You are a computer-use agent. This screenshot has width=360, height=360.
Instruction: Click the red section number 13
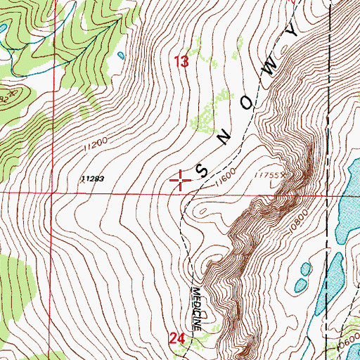[x=181, y=63]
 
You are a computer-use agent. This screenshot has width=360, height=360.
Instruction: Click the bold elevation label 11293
[x=92, y=179]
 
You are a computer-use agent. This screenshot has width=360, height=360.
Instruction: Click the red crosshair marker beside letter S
[x=181, y=181]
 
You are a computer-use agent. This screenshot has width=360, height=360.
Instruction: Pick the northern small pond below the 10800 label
[x=305, y=268]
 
